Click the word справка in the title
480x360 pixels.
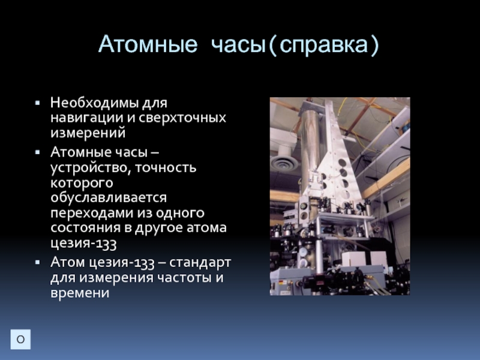pyautogui.click(x=323, y=45)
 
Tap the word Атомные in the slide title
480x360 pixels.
pyautogui.click(x=148, y=44)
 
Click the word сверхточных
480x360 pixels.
pyautogui.click(x=182, y=118)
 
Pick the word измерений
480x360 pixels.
pyautogui.click(x=88, y=133)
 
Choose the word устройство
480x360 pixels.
pyautogui.click(x=91, y=168)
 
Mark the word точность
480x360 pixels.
pyautogui.click(x=166, y=167)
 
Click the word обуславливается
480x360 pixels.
pyautogui.click(x=109, y=198)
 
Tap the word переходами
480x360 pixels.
pyautogui.click(x=92, y=213)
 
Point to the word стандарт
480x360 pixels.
pyautogui.click(x=200, y=263)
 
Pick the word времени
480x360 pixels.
pyautogui.click(x=80, y=293)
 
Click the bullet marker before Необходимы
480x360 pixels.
pyautogui.click(x=38, y=103)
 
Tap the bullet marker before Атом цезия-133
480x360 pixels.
pyautogui.click(x=38, y=262)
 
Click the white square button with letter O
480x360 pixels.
pyautogui.click(x=20, y=339)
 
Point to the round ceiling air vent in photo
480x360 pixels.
pyautogui.click(x=284, y=163)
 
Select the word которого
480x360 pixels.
pyautogui.click(x=82, y=183)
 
